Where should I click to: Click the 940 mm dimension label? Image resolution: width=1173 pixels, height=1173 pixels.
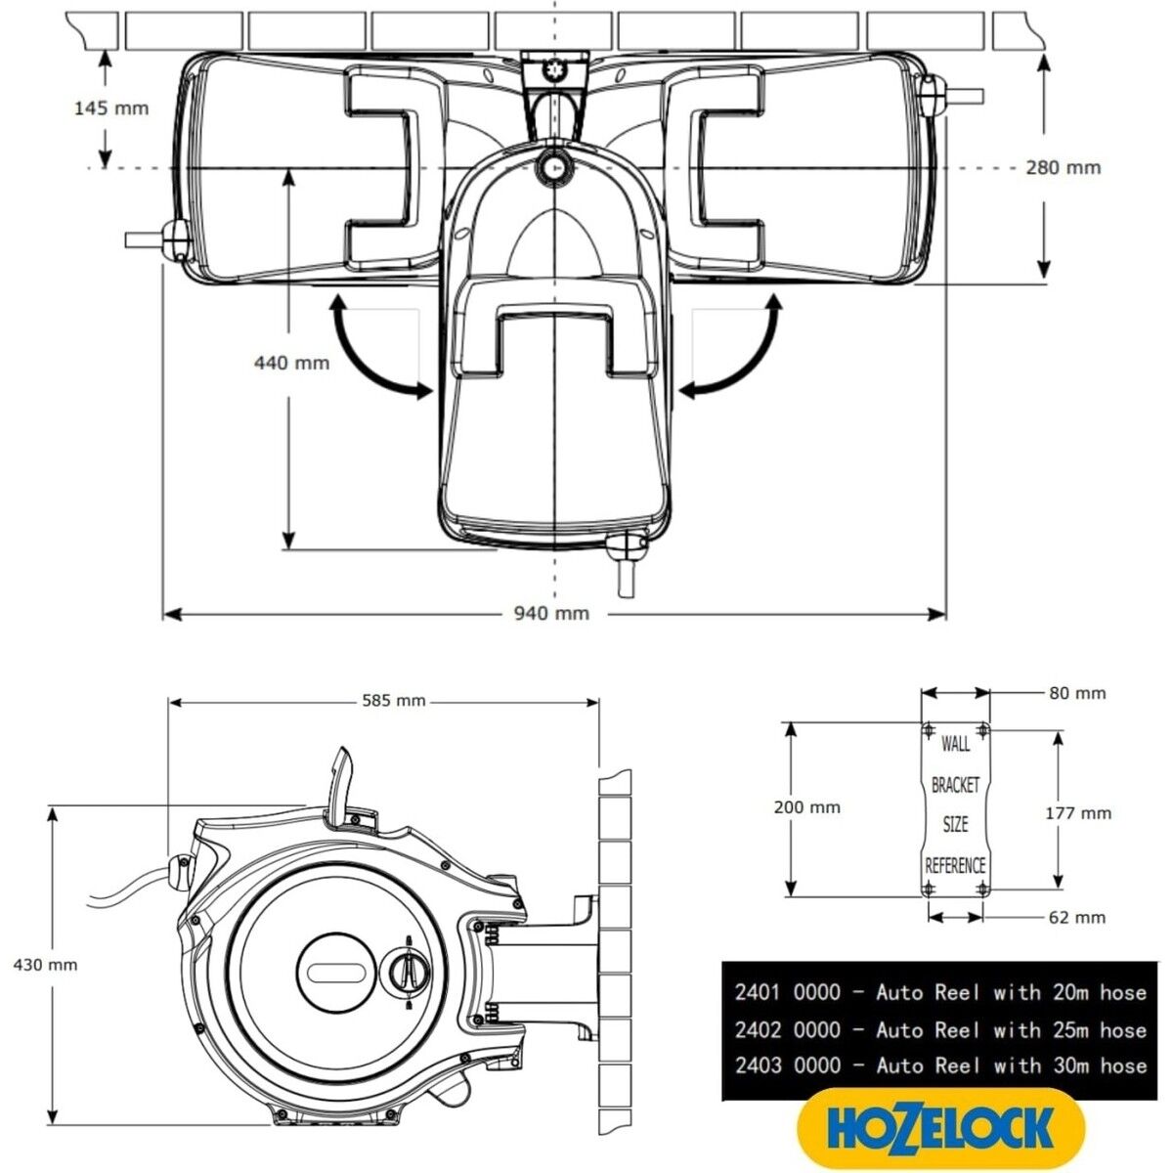(551, 614)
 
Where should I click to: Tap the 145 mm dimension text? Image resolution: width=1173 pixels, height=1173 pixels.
(111, 108)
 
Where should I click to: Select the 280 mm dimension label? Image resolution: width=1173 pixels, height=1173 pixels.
(1063, 167)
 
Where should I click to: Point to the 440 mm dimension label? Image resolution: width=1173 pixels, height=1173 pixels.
(291, 363)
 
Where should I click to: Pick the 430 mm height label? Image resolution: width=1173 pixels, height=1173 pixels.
(45, 964)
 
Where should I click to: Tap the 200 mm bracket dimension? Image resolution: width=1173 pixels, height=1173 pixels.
(806, 807)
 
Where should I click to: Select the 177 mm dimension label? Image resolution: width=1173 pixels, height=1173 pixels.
(1078, 812)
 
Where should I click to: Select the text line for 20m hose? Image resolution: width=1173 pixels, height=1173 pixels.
(939, 993)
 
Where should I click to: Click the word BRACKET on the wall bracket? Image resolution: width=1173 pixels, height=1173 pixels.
(955, 785)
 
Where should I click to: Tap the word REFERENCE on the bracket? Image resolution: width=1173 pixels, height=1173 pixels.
(955, 865)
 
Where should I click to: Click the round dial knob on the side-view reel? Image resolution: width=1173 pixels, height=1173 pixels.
(408, 972)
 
